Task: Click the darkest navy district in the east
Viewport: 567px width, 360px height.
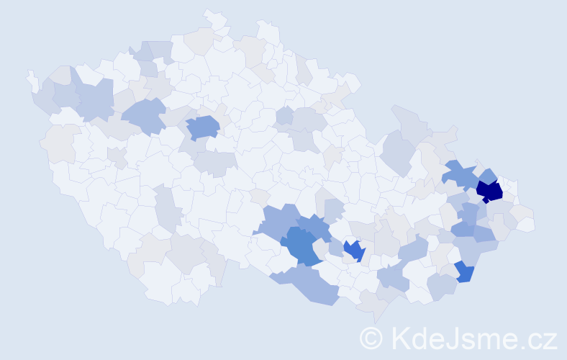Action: coord(489,191)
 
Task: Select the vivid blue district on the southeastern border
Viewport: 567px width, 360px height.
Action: coord(464,272)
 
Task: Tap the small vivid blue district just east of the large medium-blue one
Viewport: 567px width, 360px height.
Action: coord(353,251)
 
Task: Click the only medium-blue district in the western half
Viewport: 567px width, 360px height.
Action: coord(203,128)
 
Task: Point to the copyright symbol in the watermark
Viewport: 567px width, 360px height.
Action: coord(371,338)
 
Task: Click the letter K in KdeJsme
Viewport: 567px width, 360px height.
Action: coord(399,338)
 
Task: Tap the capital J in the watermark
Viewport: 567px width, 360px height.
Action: coord(451,338)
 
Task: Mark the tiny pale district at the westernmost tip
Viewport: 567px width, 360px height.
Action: coord(32,78)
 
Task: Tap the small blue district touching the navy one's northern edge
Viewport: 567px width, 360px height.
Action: coord(488,176)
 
